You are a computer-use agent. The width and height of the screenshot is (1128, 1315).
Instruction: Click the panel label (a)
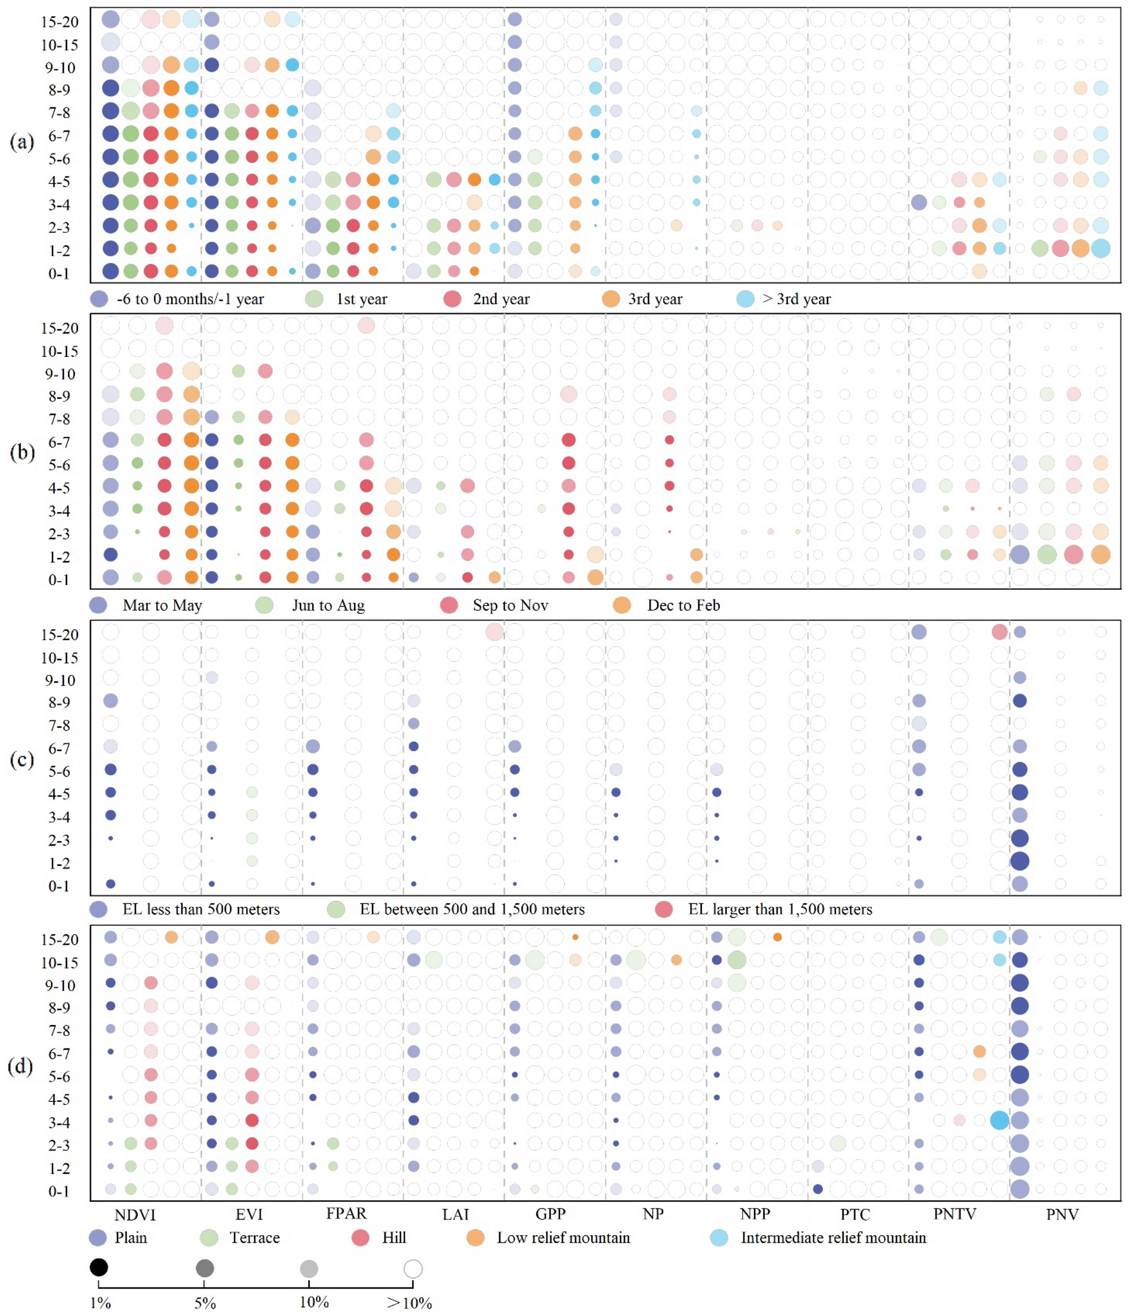(21, 141)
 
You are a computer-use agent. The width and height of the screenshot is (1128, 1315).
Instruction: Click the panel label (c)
(21, 759)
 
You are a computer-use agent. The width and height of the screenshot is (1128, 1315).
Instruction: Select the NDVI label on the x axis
(134, 1214)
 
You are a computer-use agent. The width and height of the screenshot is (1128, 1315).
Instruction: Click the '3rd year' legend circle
(610, 299)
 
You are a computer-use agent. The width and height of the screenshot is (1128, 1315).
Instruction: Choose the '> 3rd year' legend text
(796, 299)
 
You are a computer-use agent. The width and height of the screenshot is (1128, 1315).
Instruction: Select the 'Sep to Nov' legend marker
(449, 605)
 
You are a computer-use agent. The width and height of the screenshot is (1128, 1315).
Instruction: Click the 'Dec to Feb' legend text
(683, 605)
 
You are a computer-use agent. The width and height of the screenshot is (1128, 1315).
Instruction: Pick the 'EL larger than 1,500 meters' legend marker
(664, 910)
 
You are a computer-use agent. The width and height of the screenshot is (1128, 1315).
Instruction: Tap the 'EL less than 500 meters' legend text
(201, 910)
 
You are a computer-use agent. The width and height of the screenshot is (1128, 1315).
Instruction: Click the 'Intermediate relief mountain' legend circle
(719, 1237)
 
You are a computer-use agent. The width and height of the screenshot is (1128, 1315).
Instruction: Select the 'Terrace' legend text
(255, 1237)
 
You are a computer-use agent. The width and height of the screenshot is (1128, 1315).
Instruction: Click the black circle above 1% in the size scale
(99, 1267)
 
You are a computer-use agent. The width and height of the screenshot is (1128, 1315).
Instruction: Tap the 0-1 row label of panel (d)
(59, 1191)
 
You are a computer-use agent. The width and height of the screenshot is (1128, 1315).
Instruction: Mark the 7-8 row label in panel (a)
(59, 112)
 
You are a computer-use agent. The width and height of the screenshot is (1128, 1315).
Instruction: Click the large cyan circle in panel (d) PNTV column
(999, 1120)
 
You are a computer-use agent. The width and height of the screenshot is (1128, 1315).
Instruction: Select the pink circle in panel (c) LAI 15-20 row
(494, 631)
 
